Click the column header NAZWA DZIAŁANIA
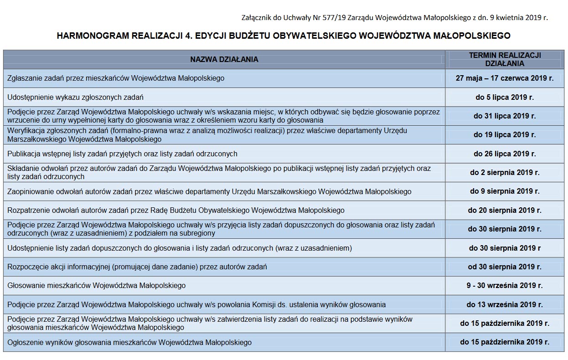(224, 59)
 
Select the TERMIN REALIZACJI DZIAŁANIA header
(505, 59)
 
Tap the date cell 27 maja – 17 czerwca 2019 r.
(505, 78)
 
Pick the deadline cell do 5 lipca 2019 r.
(505, 97)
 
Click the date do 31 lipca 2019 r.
(505, 116)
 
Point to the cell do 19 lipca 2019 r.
(505, 135)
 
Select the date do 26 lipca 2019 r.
(505, 154)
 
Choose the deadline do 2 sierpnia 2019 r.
(505, 173)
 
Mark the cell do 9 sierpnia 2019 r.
(505, 191)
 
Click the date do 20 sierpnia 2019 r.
(505, 211)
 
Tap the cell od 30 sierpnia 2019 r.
(505, 267)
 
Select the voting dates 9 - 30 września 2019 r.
(505, 286)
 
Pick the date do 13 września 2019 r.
(505, 304)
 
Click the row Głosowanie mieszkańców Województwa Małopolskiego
(97, 286)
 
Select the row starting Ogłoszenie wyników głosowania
(129, 342)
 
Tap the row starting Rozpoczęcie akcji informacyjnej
(137, 267)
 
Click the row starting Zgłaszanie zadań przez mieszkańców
(116, 78)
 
